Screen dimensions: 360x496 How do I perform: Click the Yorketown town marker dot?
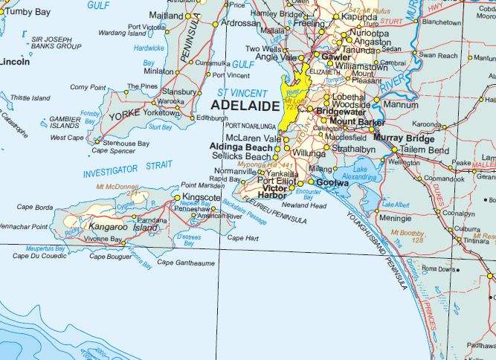[181, 112]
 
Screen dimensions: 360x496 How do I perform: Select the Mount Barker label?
[357, 122]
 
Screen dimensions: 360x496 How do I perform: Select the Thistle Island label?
[29, 97]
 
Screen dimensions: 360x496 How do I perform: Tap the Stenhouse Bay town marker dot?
[97, 141]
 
